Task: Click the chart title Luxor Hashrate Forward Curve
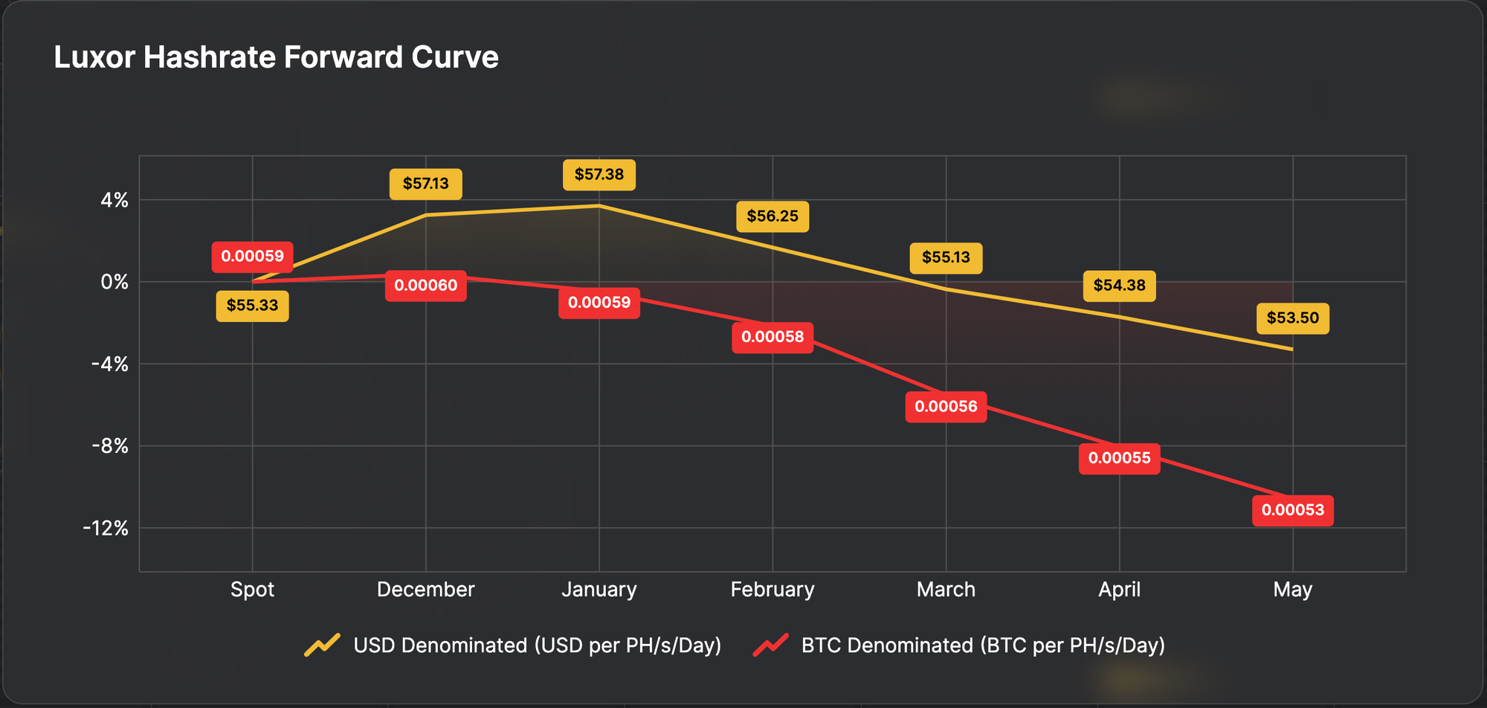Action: pos(276,57)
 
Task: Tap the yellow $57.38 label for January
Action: pos(599,175)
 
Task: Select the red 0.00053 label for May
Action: pos(1292,510)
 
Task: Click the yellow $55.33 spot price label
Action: pos(252,306)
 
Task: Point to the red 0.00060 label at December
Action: pos(425,286)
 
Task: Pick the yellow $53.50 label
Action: pos(1292,318)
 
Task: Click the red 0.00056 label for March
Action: pos(946,407)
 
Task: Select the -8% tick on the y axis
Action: pos(109,446)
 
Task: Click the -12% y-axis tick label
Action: pos(106,529)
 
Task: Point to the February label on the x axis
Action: pos(772,590)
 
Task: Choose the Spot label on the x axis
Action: pos(252,590)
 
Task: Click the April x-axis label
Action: pos(1119,590)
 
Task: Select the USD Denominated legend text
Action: pos(537,646)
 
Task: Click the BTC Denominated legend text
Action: pos(982,646)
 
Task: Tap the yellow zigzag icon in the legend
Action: pos(322,645)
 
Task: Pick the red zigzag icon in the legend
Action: pos(770,645)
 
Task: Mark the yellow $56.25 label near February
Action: pos(772,216)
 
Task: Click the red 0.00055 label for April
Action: pos(1119,458)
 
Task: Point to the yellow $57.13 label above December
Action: pos(425,184)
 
